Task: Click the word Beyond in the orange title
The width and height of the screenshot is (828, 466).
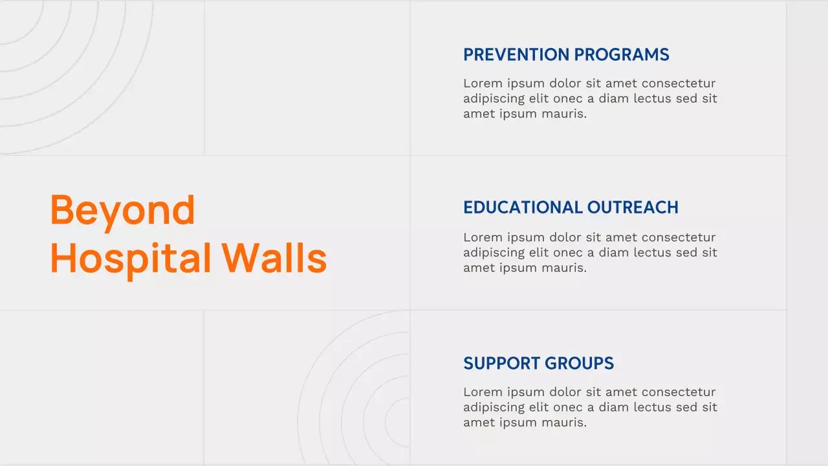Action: (x=122, y=210)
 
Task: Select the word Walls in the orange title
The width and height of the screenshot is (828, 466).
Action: (x=274, y=258)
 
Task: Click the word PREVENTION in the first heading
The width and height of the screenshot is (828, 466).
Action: (x=516, y=54)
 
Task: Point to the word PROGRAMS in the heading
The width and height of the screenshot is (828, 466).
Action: (x=622, y=54)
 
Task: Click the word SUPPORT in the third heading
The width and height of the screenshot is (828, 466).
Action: (x=501, y=363)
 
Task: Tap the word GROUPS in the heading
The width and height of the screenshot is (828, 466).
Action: (x=580, y=363)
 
